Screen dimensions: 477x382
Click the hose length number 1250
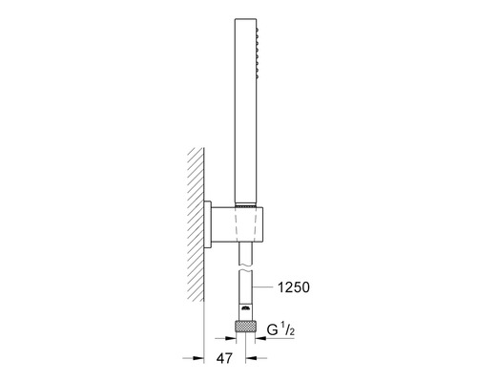tap(294, 287)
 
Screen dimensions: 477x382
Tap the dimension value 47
tap(224, 358)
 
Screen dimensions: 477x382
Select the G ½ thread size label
tap(280, 330)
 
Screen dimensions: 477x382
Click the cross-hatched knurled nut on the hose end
tap(245, 327)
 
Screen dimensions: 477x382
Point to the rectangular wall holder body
tap(237, 223)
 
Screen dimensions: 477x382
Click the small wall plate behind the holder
tap(207, 224)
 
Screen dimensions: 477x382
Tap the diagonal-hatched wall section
tap(196, 224)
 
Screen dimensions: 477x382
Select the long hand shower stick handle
tap(245, 111)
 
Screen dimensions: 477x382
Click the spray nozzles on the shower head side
tap(258, 53)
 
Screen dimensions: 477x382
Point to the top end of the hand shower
tap(245, 19)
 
